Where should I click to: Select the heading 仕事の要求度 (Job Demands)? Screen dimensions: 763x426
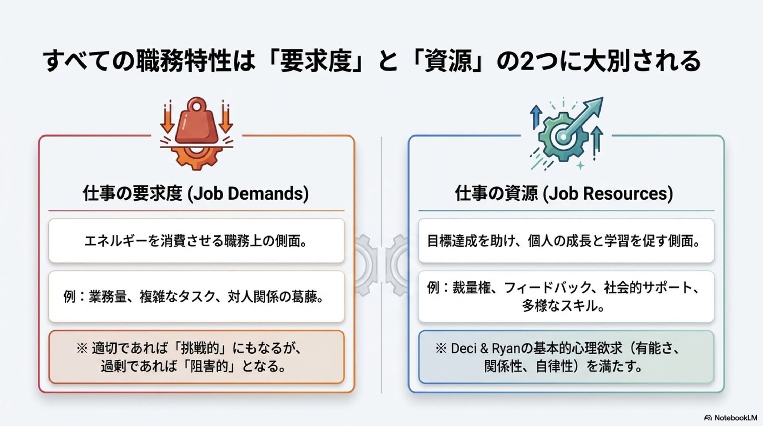(x=196, y=193)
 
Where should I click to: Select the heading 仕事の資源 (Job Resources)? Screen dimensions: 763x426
(x=564, y=193)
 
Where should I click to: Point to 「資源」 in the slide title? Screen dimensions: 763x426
(x=448, y=61)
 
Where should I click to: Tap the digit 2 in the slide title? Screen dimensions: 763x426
(x=527, y=61)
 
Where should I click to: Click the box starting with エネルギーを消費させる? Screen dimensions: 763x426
(x=197, y=241)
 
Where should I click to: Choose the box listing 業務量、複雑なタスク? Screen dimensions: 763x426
(x=197, y=296)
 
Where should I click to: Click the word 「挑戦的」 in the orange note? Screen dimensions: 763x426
(x=200, y=348)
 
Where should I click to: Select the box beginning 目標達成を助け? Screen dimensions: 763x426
(x=566, y=241)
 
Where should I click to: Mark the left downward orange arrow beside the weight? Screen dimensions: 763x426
(x=167, y=117)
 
